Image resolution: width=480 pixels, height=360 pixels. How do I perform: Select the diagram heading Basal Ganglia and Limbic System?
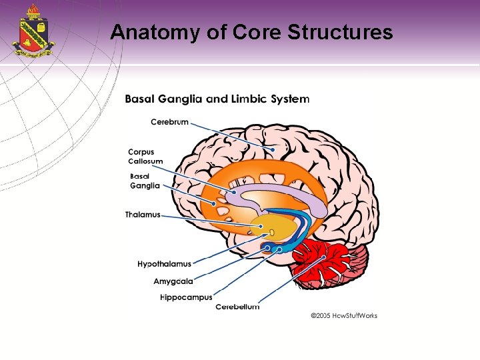coord(217,99)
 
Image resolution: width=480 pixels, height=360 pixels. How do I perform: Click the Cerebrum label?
coord(169,122)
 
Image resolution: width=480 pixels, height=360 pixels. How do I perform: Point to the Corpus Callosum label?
coord(145,157)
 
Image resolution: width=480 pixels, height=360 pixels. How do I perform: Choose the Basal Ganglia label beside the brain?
coord(145,181)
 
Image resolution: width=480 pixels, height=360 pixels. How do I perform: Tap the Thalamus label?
coord(143,215)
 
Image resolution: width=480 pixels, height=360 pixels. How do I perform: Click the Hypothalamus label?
coord(164,265)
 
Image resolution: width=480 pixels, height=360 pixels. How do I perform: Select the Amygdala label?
coord(173,281)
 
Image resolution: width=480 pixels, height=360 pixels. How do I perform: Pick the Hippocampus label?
coord(186,297)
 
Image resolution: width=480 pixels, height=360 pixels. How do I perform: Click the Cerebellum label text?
coord(237,307)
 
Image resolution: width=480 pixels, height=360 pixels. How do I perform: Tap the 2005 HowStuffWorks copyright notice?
coord(344,315)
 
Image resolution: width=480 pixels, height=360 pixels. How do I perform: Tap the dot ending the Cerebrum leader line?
coord(273,149)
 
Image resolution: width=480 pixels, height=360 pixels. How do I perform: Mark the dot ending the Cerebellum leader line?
coord(324,257)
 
